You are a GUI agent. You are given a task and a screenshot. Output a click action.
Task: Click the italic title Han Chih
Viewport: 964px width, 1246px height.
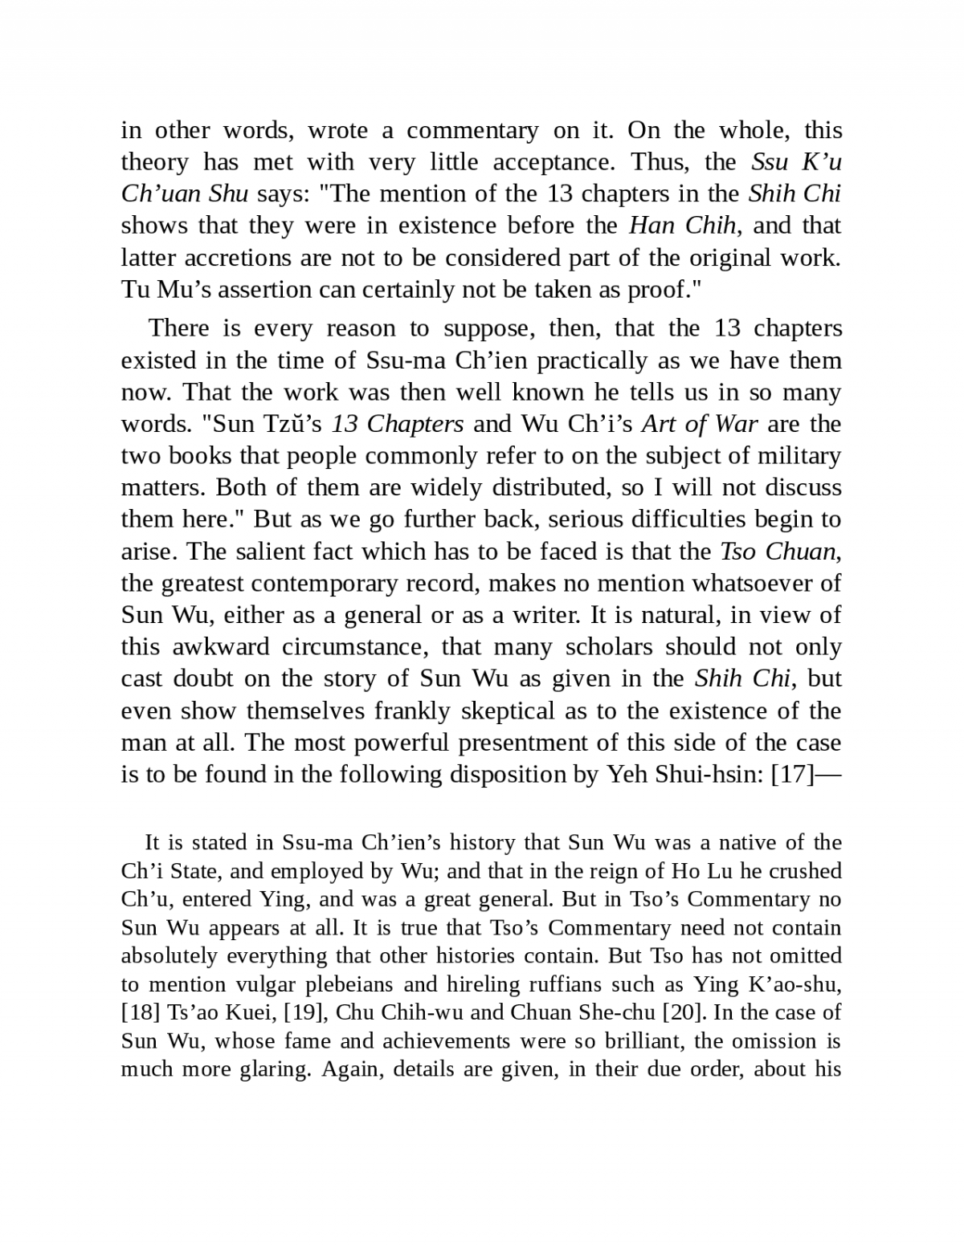coord(682,226)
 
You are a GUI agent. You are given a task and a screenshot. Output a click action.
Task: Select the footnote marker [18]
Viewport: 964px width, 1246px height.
coord(137,1012)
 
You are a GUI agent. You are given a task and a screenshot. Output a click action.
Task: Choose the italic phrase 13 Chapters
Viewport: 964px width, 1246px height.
coord(398,424)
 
